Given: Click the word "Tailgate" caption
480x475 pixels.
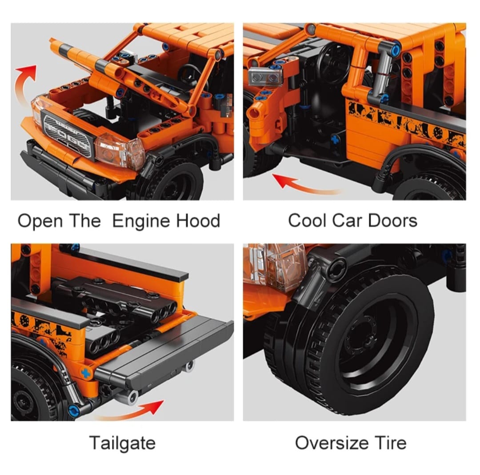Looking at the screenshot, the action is [x=123, y=443].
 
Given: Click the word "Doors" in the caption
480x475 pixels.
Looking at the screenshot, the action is [x=392, y=220].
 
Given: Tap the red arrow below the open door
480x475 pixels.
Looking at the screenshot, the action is [x=306, y=186].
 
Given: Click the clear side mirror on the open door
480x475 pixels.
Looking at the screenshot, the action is [x=265, y=76].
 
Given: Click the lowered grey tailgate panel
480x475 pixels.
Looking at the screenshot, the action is [x=165, y=352].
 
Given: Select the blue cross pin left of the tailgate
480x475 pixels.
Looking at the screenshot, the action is [x=86, y=373].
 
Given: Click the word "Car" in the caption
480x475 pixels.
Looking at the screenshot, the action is [x=348, y=220].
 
